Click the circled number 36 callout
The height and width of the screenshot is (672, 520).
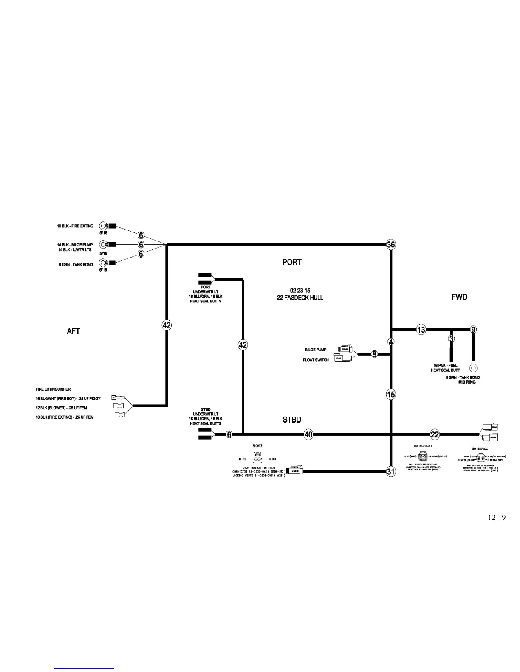(391, 244)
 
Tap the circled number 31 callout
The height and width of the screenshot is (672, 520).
(391, 471)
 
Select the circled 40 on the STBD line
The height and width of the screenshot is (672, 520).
(309, 434)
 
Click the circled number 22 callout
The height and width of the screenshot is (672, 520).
(435, 434)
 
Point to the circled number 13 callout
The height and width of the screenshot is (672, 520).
(421, 330)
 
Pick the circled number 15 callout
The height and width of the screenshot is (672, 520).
(391, 395)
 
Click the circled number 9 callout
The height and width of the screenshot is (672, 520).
(473, 330)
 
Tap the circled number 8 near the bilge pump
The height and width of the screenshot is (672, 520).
(374, 354)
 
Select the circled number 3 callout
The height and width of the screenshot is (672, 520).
(451, 339)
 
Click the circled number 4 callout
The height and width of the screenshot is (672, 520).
(391, 342)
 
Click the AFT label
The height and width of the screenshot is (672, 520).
(73, 331)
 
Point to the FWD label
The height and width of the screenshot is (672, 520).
(459, 297)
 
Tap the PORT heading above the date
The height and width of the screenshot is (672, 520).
(292, 262)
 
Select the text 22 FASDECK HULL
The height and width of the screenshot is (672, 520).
(300, 297)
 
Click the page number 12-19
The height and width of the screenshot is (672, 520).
(497, 518)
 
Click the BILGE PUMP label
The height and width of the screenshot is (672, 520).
(316, 350)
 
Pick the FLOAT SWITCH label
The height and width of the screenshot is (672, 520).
(316, 360)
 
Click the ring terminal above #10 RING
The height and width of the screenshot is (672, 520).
(472, 364)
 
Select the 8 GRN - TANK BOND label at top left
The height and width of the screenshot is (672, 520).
(76, 265)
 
